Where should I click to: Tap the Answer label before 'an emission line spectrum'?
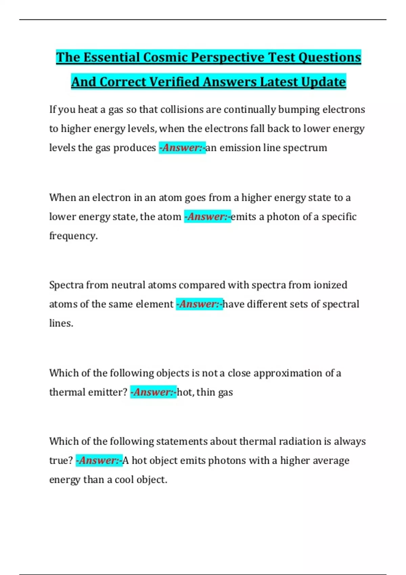(x=182, y=148)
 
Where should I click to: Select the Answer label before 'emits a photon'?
(x=207, y=216)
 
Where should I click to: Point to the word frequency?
(x=73, y=236)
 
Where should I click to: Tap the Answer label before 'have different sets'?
(x=199, y=304)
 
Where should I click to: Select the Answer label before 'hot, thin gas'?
(x=153, y=392)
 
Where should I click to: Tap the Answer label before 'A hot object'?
(x=99, y=461)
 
